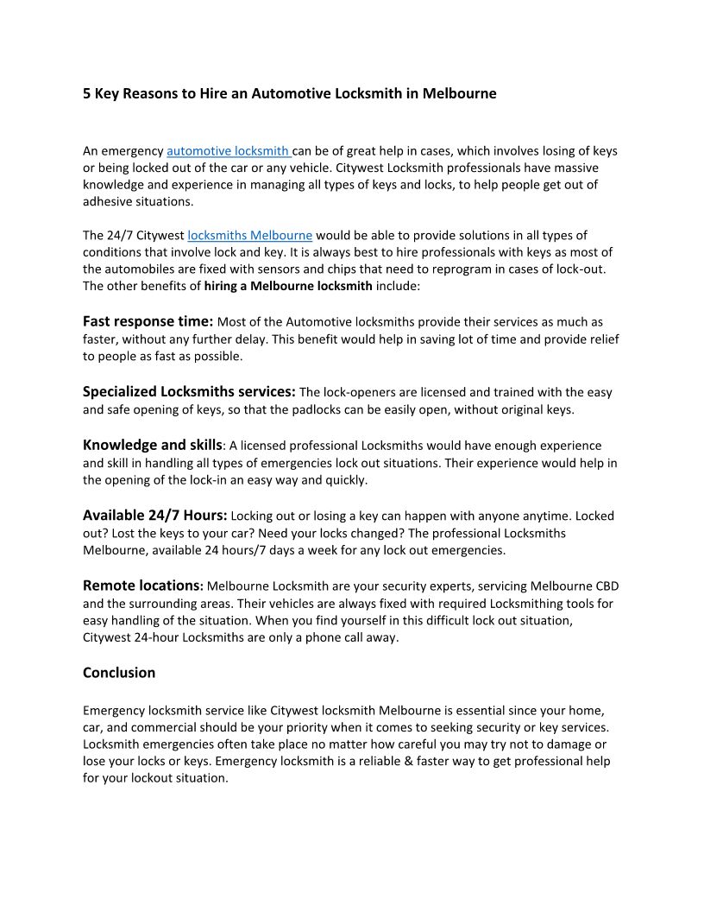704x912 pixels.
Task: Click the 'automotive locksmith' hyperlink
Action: tap(229, 151)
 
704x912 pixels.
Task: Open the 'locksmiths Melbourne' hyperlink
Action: tap(249, 235)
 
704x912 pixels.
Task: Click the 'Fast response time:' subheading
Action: tap(148, 321)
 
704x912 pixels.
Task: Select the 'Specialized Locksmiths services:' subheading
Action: tap(189, 391)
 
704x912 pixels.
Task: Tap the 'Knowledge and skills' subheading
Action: tap(153, 445)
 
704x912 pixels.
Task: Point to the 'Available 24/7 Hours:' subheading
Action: tap(155, 515)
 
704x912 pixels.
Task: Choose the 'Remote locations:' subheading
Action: tap(143, 585)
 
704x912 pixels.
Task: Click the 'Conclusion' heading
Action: tap(119, 672)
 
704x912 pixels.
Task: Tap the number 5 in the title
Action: tap(87, 93)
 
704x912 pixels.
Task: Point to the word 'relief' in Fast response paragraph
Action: tap(601, 339)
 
